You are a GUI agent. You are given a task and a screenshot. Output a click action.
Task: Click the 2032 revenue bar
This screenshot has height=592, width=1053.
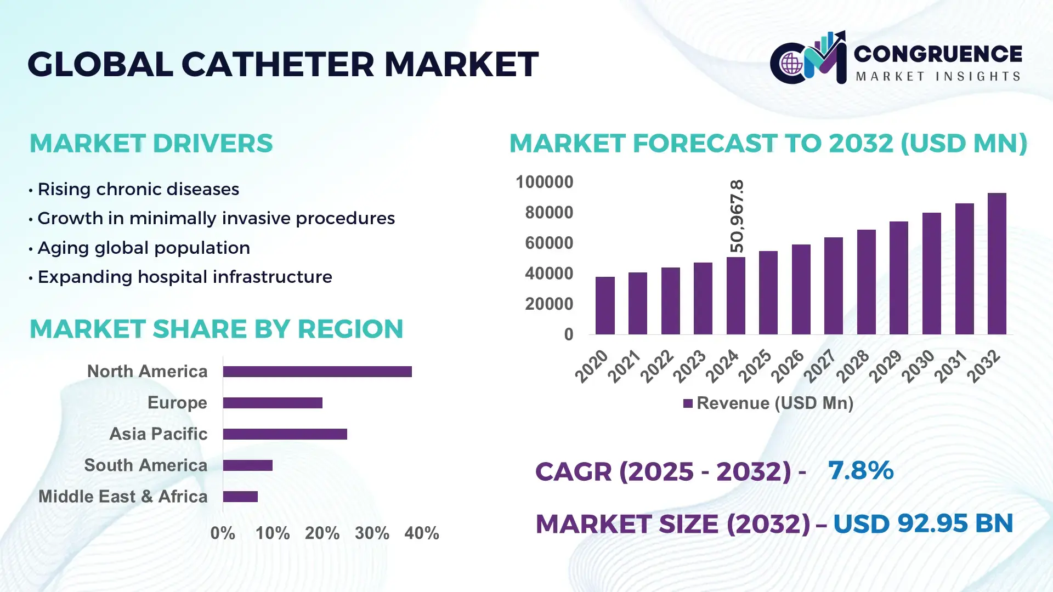pos(997,264)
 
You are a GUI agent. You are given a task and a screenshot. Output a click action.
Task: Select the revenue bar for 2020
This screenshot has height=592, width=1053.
pos(605,305)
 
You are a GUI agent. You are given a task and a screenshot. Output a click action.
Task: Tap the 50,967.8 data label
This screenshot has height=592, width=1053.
pos(737,216)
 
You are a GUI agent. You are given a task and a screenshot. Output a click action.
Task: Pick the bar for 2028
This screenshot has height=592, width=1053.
pos(866,282)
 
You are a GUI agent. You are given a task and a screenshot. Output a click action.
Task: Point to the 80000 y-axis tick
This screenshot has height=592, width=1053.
pos(548,213)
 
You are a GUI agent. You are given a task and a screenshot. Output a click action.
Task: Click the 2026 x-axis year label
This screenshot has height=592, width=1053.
pos(788,366)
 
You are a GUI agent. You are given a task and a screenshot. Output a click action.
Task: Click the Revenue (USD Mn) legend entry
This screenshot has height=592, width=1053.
pos(768,403)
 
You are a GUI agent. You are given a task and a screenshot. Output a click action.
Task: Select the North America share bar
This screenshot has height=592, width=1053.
pos(317,372)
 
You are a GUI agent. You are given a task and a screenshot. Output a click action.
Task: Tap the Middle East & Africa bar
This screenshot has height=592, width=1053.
pos(240,497)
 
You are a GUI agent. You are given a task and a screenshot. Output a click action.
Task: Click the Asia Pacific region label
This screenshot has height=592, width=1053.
pos(158,434)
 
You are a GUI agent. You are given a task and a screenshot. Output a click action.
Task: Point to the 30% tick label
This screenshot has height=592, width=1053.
pos(372,533)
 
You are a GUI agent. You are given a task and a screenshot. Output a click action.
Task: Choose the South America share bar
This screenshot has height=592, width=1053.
pos(247,465)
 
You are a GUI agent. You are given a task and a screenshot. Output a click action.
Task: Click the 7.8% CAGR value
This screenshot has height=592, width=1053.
pos(860,471)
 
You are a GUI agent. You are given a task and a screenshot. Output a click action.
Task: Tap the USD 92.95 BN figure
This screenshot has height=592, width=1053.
pos(922,523)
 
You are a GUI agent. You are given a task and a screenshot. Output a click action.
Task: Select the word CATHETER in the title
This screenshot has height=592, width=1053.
pos(278,64)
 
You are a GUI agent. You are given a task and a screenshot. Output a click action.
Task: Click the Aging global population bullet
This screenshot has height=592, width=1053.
pos(144,248)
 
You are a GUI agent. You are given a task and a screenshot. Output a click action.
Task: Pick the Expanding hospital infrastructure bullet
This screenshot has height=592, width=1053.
pos(185,277)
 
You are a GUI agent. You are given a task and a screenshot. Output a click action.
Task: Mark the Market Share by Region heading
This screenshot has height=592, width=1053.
pos(216,329)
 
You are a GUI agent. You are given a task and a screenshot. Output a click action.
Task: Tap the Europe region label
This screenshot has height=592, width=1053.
pos(177,403)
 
